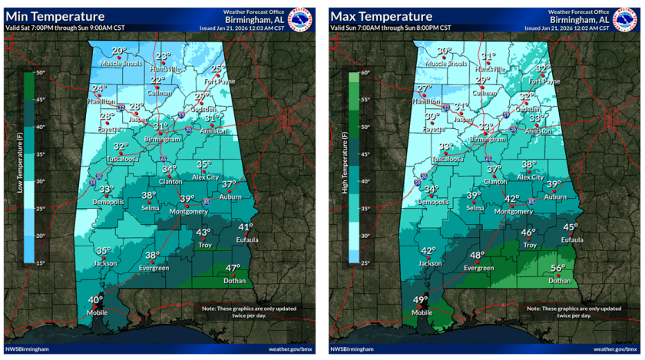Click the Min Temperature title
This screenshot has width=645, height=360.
coord(55,16)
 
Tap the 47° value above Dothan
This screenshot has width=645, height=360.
coord(233,268)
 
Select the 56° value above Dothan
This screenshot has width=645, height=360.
coord(558,268)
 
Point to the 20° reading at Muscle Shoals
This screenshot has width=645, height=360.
coord(118,51)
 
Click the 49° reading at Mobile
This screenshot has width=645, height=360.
coord(421,300)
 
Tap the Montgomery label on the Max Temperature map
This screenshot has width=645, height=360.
coord(513,211)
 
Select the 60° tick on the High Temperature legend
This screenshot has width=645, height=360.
coord(365,73)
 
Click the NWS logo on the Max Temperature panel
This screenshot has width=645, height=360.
coord(627,18)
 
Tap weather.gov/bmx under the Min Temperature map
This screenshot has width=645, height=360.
coord(292,349)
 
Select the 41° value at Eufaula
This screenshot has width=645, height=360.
coord(245,227)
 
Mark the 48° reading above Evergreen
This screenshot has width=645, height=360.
coord(478,256)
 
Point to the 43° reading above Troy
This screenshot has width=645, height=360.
coord(203,233)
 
